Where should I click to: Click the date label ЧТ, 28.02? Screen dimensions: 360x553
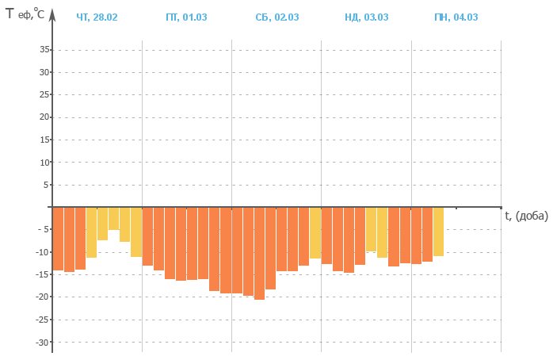[97, 17]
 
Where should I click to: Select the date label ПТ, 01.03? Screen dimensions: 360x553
[185, 17]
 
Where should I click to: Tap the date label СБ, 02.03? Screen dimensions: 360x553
[276, 17]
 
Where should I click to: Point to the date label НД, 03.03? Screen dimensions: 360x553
[365, 17]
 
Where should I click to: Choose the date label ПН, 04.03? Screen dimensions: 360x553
[456, 17]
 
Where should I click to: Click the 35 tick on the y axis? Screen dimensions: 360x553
[44, 50]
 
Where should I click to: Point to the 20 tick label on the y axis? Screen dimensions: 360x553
[44, 117]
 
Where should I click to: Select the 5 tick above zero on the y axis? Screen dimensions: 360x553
[47, 185]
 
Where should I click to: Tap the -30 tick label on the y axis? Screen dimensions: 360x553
[43, 342]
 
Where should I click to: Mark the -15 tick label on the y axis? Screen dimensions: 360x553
[43, 274]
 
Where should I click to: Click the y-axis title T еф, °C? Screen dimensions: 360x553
[24, 13]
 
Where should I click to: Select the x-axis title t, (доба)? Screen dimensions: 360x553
[526, 216]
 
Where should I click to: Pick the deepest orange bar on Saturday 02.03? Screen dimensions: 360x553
[259, 253]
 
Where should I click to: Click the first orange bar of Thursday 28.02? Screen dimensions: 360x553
[58, 239]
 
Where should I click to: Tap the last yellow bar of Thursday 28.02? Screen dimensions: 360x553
[136, 232]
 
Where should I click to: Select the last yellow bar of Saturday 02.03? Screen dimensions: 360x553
[315, 232]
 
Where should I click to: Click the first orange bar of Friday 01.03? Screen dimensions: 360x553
[147, 236]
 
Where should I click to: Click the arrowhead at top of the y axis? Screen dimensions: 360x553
[52, 14]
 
